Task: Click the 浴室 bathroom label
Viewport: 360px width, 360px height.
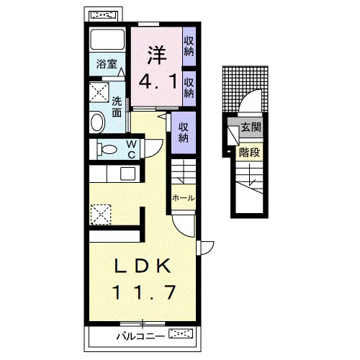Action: click(x=107, y=64)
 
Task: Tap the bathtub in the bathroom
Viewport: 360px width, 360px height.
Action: click(x=107, y=40)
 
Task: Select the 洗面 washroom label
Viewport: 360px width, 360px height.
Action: click(x=117, y=107)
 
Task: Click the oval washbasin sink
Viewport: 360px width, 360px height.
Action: click(x=97, y=122)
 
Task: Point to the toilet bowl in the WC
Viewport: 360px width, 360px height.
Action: click(x=107, y=150)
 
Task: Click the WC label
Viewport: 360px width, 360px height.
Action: click(x=132, y=150)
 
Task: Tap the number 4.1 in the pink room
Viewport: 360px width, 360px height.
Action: click(x=158, y=81)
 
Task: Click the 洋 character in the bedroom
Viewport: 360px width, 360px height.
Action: click(x=157, y=55)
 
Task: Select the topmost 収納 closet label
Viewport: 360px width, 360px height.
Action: click(x=189, y=46)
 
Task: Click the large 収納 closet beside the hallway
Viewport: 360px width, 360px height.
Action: click(x=184, y=132)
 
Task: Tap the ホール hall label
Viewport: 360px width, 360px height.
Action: click(x=184, y=198)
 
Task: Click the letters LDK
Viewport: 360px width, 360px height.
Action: click(x=143, y=266)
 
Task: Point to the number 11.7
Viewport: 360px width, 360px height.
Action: click(x=144, y=292)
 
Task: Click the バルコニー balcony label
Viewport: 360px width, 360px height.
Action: click(x=140, y=336)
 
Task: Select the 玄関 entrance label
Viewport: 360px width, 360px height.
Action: click(x=251, y=127)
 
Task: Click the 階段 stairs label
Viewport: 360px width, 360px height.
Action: click(x=250, y=153)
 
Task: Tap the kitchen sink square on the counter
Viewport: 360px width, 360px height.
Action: click(x=127, y=174)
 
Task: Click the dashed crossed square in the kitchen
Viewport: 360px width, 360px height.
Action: click(x=101, y=215)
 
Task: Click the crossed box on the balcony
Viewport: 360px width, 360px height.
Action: click(x=181, y=334)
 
